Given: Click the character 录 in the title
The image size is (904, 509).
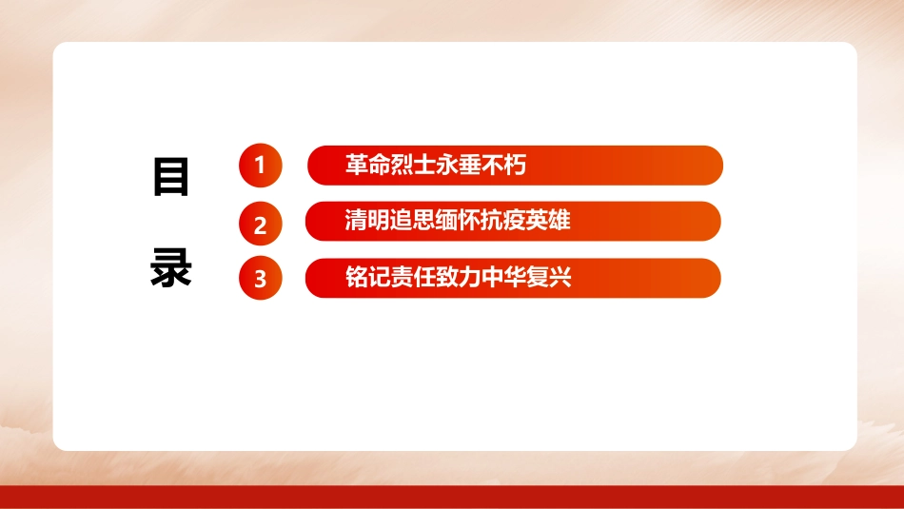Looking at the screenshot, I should (x=171, y=269).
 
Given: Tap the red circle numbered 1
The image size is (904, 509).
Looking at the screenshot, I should (x=261, y=166).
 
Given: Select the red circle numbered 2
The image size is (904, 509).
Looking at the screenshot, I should (x=261, y=225).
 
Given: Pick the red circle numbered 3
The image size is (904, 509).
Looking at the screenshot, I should (x=261, y=279).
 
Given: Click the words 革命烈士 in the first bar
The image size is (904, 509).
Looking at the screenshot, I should (x=390, y=166).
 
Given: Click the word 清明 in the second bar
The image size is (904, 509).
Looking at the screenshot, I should (x=367, y=222).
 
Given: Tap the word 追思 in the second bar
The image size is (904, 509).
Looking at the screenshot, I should (x=412, y=222).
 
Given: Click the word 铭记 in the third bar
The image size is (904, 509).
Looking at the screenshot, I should (x=367, y=278).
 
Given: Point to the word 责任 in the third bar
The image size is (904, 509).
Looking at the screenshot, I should (x=412, y=278).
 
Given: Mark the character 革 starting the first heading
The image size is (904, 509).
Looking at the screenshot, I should (x=357, y=166).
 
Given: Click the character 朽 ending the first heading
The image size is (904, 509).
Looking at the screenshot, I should (x=515, y=166).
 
